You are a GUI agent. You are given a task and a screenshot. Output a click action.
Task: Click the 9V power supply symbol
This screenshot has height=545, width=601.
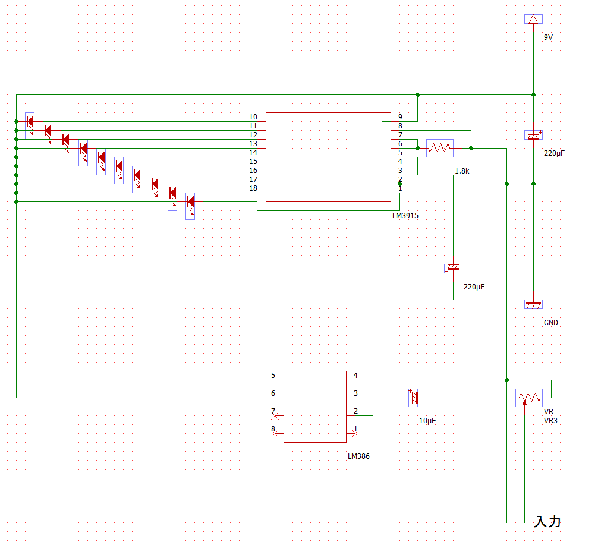[x=533, y=19]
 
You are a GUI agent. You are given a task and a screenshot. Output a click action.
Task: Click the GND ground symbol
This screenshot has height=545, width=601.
[x=533, y=304]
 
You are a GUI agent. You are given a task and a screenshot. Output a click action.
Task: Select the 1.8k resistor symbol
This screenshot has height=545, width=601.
[x=440, y=147]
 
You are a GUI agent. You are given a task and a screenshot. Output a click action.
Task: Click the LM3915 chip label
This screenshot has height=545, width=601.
[x=405, y=216]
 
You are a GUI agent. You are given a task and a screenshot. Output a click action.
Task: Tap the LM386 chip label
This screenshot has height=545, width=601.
[x=360, y=456]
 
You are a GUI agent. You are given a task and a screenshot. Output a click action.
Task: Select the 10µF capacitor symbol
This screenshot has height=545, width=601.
[x=414, y=398]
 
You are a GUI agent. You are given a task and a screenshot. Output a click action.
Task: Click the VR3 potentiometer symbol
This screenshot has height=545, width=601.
[x=529, y=398]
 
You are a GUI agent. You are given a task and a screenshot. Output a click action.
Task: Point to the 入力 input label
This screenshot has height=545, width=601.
[x=547, y=522]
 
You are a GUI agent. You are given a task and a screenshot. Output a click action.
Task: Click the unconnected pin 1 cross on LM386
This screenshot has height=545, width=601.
[x=355, y=434]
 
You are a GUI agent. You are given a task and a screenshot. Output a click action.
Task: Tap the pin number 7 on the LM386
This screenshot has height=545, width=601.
[x=273, y=411]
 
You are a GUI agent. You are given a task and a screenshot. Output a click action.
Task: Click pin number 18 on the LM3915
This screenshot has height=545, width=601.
[x=253, y=188]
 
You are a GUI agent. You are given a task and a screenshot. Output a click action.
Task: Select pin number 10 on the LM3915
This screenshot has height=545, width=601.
[x=253, y=117]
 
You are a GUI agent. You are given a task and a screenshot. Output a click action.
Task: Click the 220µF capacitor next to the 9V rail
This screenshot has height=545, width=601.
[x=533, y=136]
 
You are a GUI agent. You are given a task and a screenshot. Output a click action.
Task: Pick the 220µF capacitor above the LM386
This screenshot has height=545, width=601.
[x=453, y=268]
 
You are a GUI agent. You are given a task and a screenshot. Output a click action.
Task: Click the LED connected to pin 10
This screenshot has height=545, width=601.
[x=30, y=122]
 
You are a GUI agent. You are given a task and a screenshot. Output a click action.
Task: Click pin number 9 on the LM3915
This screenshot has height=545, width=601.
[x=400, y=117]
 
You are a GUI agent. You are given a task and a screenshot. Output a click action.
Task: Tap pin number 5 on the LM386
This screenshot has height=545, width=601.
[x=273, y=376]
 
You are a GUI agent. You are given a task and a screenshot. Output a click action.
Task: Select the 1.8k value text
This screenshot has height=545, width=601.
[x=462, y=171]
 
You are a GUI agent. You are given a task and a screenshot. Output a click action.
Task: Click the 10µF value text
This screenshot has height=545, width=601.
[x=427, y=421]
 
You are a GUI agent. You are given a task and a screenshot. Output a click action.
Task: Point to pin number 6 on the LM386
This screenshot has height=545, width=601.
[x=273, y=393]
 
